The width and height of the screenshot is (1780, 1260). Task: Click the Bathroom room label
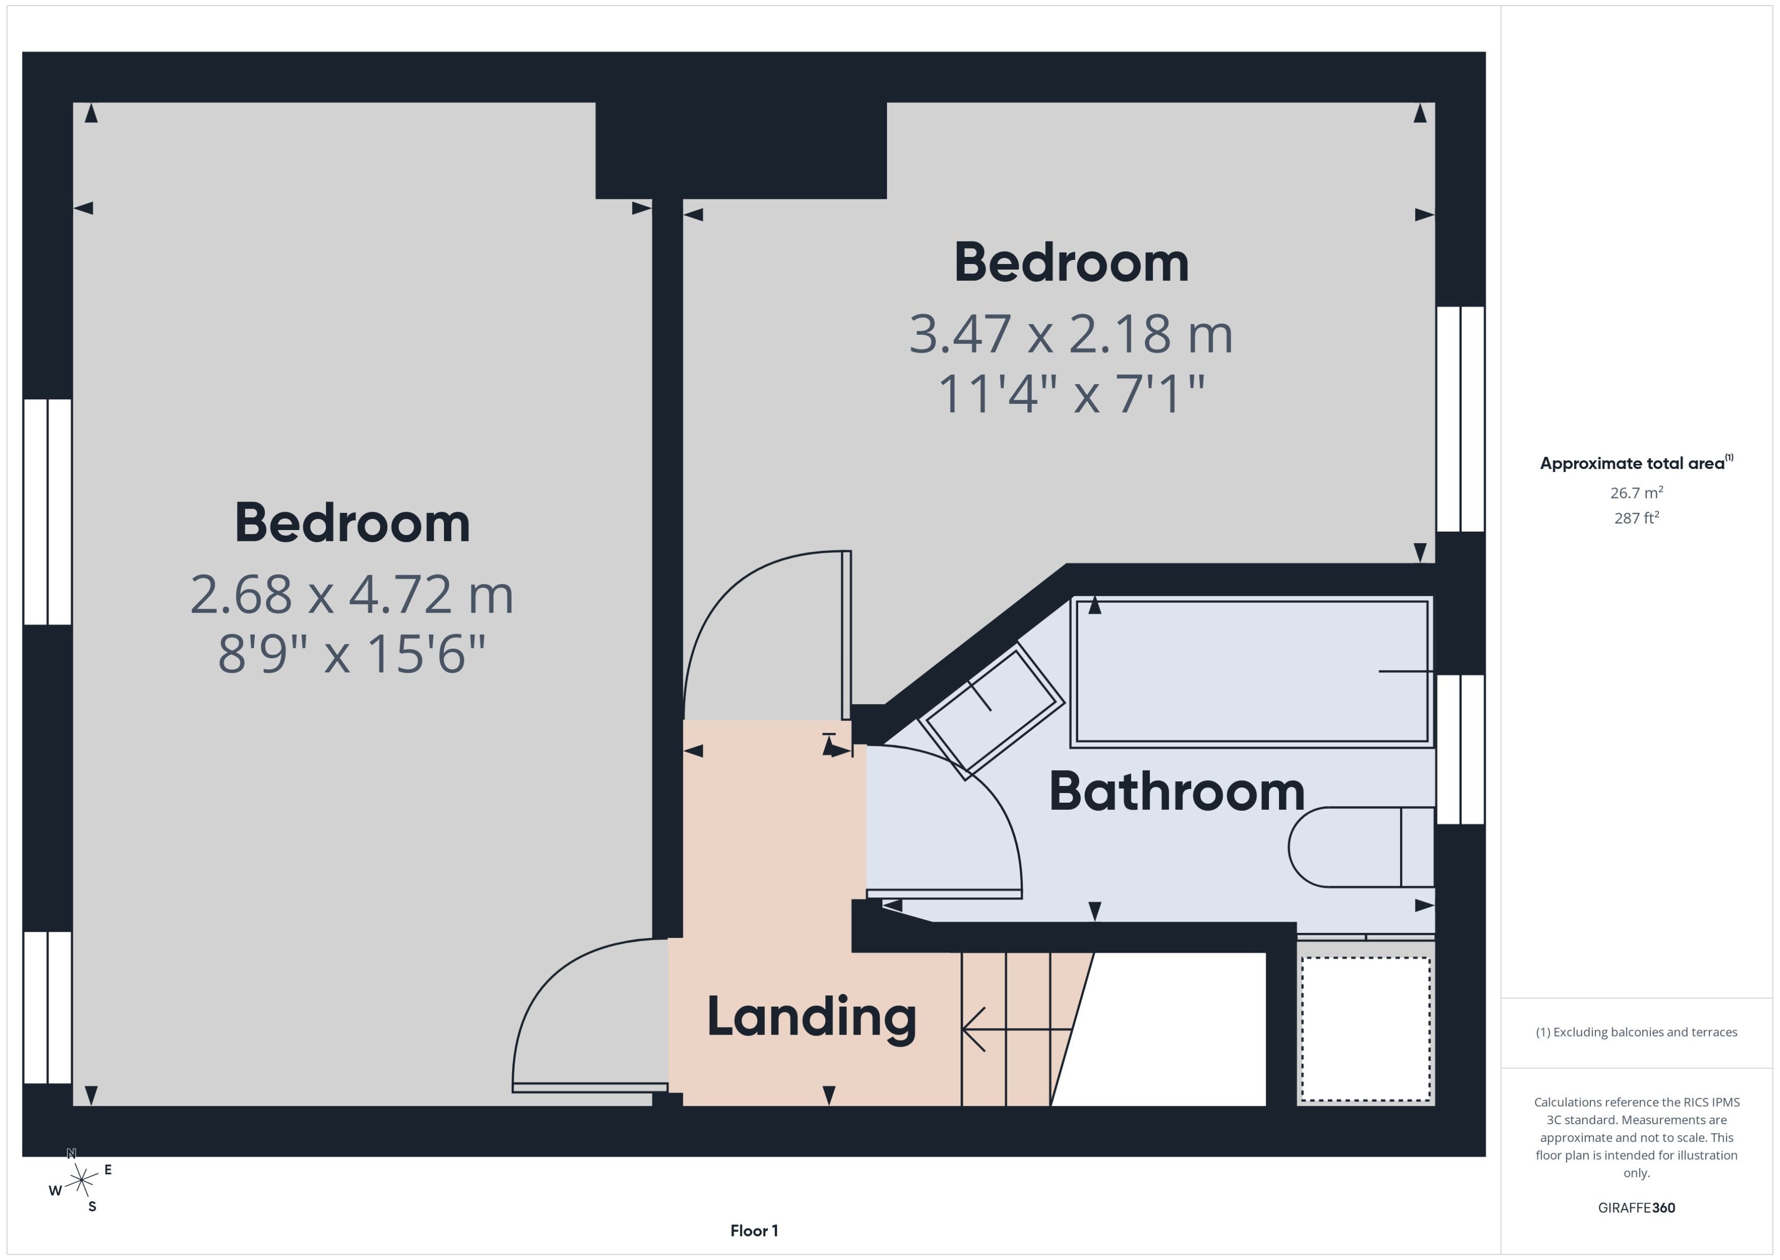(x=1177, y=792)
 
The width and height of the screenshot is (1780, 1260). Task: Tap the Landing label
(x=811, y=1018)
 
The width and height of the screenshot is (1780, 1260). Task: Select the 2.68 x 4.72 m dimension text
(x=351, y=595)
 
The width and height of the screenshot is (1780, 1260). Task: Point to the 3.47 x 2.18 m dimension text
(x=1071, y=334)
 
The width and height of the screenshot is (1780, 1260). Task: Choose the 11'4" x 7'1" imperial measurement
(x=1071, y=393)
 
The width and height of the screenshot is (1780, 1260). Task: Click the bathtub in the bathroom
(x=1252, y=672)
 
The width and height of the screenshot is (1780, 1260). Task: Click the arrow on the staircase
(x=1017, y=1030)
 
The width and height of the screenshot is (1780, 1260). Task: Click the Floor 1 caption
(x=754, y=1230)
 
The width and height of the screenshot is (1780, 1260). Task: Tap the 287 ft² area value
(x=1637, y=517)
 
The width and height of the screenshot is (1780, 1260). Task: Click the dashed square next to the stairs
(x=1366, y=1029)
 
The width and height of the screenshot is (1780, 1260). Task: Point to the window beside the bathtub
(x=1461, y=749)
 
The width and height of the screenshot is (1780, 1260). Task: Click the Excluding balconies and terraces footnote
(x=1637, y=1032)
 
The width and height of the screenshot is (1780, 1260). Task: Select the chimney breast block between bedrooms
(x=740, y=151)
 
